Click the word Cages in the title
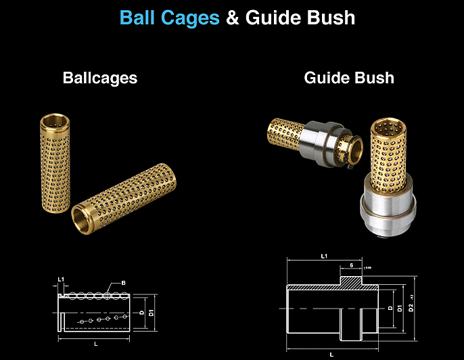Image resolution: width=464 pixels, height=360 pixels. point(191,18)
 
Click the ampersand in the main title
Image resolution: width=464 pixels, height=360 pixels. point(233,18)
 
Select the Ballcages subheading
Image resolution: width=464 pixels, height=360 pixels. point(100,78)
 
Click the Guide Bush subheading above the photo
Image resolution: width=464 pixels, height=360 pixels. point(349,78)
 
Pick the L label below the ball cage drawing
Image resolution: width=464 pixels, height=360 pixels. point(97,344)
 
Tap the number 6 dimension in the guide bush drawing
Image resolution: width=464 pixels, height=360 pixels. point(352,265)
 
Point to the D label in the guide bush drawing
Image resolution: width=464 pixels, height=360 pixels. point(390,308)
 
